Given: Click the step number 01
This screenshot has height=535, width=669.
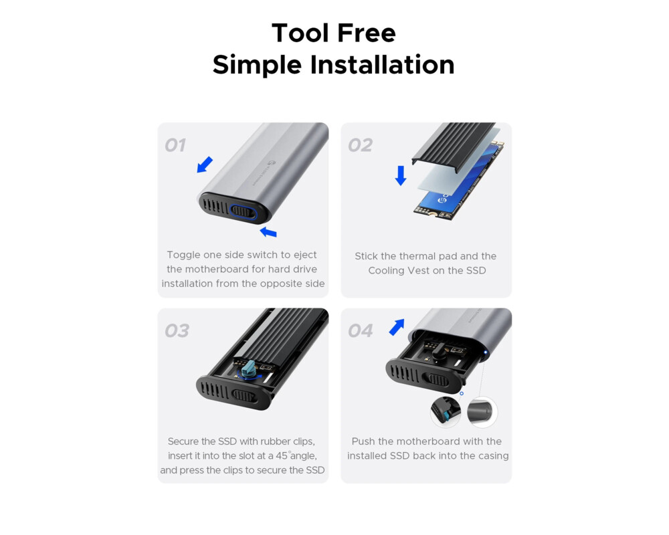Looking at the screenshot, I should pyautogui.click(x=175, y=145).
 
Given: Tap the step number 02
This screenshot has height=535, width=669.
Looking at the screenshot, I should pyautogui.click(x=360, y=145).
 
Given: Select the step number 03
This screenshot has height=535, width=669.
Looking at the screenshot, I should pyautogui.click(x=177, y=330).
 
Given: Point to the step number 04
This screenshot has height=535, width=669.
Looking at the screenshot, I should pyautogui.click(x=361, y=330).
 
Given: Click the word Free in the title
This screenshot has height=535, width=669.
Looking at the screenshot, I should pyautogui.click(x=365, y=33).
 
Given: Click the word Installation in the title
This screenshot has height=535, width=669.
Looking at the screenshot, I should pyautogui.click(x=382, y=65).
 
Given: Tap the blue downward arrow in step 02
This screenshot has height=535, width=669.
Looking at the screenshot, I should pyautogui.click(x=401, y=175).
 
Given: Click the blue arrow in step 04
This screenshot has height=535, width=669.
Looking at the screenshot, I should pyautogui.click(x=397, y=327).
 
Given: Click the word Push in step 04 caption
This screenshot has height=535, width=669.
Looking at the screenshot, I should pyautogui.click(x=363, y=441).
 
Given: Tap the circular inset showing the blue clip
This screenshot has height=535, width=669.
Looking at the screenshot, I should pyautogui.click(x=446, y=411).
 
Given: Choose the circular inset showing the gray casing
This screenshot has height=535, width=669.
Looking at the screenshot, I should pyautogui.click(x=482, y=411).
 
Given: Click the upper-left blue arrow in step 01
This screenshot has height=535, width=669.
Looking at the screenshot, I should pyautogui.click(x=205, y=164).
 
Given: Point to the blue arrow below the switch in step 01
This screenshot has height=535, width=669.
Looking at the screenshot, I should pyautogui.click(x=268, y=232).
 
